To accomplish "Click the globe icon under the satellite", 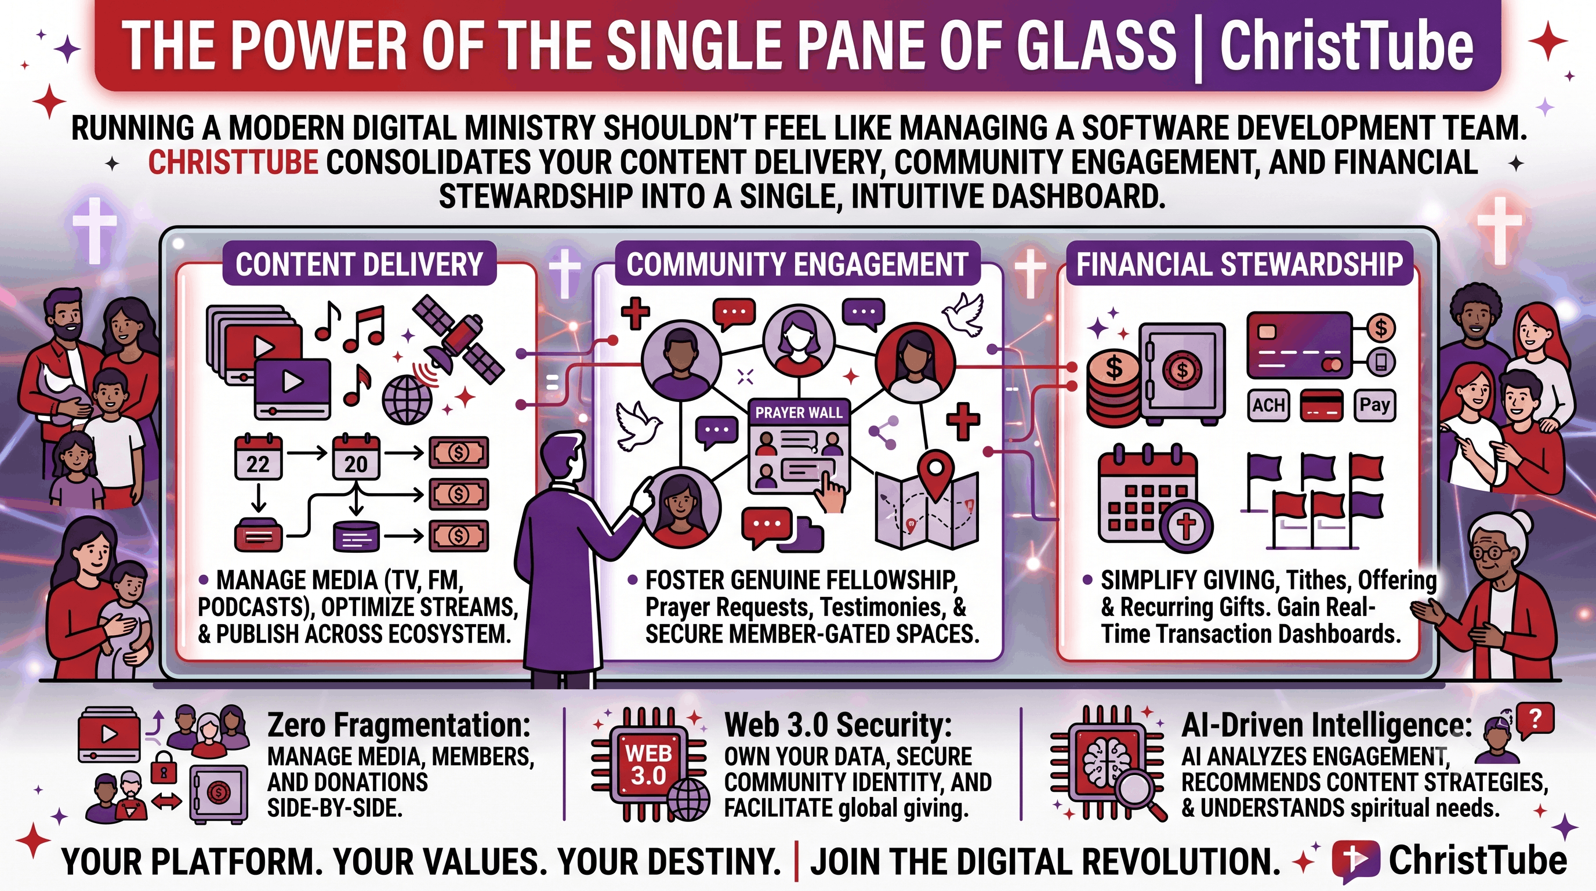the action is [407, 400].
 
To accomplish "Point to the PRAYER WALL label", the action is [799, 412].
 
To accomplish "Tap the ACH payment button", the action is [1268, 405].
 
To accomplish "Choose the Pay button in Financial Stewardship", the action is [1375, 405].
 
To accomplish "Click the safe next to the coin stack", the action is [1181, 374].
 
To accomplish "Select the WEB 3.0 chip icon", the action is [648, 765].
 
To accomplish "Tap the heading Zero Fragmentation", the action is [398, 725].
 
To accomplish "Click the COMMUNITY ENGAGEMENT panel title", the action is [797, 265].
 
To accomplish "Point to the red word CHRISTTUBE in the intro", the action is [233, 163].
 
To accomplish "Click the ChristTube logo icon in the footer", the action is [1355, 861].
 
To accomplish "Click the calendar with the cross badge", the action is [1154, 498].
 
